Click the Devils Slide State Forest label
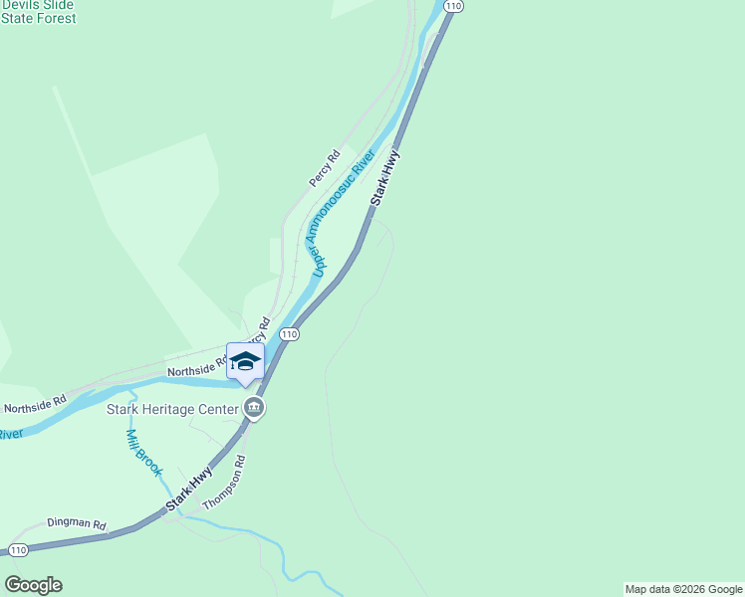point(38,12)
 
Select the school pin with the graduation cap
point(245,362)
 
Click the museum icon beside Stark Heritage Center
point(254,408)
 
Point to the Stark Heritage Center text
point(172,408)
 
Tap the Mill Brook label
point(142,451)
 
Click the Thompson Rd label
point(224,485)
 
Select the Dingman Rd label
point(77,523)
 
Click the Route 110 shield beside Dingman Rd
point(17,550)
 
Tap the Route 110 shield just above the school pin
point(289,334)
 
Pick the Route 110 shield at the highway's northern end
point(454,6)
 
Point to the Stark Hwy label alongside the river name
point(385,178)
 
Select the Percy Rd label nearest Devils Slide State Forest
point(324,168)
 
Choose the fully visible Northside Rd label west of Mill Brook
point(34,405)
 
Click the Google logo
point(33,585)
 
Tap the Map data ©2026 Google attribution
point(683,589)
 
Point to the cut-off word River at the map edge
point(10,434)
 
